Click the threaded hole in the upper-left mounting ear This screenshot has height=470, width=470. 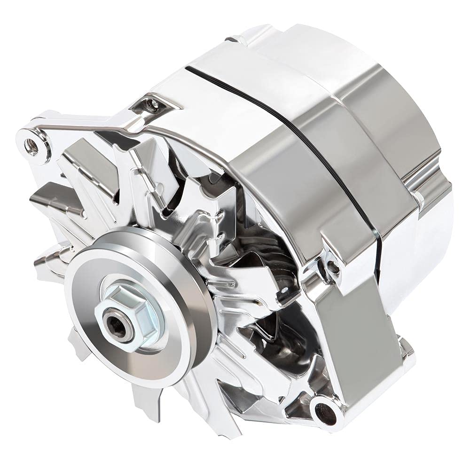[32, 147]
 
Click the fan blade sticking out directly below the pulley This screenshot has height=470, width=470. [141, 399]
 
